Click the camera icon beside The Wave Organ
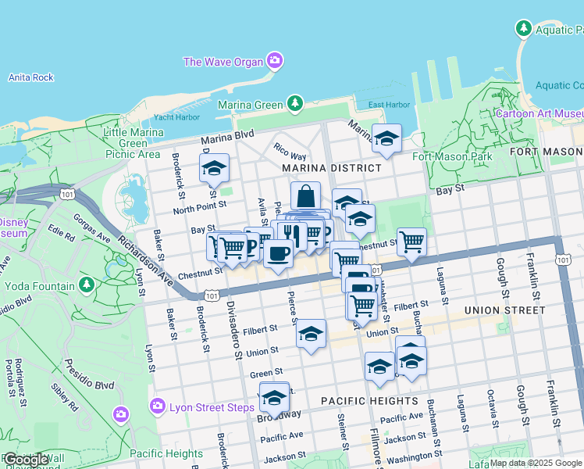click(x=274, y=60)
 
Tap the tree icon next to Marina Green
click(x=294, y=103)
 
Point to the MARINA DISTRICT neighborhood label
click(x=332, y=168)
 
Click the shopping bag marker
click(x=306, y=195)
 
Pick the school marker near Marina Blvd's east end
click(x=386, y=138)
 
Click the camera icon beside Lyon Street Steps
click(x=158, y=406)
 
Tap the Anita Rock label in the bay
click(x=30, y=77)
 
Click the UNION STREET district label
click(x=504, y=310)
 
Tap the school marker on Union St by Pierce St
click(x=311, y=334)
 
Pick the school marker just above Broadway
click(x=273, y=398)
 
